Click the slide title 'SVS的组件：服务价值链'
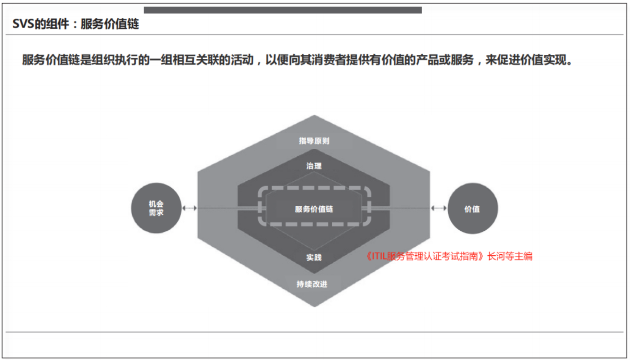(76, 24)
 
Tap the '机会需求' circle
(156, 208)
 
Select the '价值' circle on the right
(473, 208)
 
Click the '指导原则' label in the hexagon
(314, 141)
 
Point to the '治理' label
(314, 166)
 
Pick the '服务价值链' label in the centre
(314, 209)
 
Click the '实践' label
(314, 257)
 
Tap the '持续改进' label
(312, 284)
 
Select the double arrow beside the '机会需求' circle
(189, 208)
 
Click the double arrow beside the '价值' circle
(439, 208)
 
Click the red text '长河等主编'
(510, 256)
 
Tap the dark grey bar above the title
(283, 10)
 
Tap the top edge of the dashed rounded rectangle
(314, 188)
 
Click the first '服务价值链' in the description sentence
(51, 60)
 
